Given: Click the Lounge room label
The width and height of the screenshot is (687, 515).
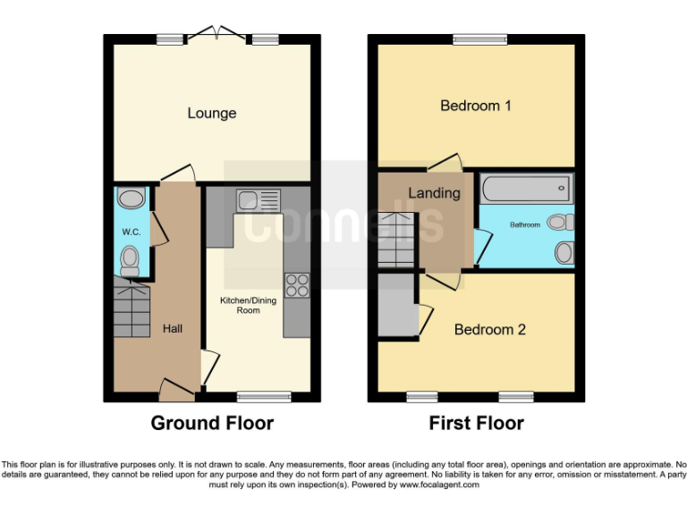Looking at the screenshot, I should (x=212, y=114).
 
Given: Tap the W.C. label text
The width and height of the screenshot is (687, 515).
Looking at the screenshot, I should (x=131, y=232).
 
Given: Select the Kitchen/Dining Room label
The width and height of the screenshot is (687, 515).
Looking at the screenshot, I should (x=248, y=306).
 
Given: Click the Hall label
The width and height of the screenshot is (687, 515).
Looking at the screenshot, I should (x=173, y=329).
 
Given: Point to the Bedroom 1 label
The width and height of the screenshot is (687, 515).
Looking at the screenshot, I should (x=476, y=106).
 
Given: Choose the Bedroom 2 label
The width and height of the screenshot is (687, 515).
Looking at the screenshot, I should (x=489, y=330).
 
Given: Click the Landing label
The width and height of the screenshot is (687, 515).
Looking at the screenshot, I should (x=434, y=193).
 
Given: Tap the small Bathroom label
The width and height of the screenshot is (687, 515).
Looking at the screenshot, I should (x=525, y=225).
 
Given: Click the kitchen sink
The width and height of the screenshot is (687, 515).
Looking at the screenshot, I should (x=258, y=199).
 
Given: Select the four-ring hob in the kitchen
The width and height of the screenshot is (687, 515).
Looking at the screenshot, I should (x=296, y=285).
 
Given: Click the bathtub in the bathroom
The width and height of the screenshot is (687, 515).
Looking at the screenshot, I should (x=525, y=189).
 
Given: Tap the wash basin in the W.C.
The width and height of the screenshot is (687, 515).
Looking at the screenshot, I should (x=131, y=198).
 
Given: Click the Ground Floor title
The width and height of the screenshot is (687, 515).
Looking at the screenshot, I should (x=212, y=423).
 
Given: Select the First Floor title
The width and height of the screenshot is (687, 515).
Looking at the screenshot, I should (x=476, y=423).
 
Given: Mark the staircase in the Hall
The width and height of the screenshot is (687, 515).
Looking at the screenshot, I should (x=131, y=308).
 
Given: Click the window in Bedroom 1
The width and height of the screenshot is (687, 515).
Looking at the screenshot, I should (x=476, y=39).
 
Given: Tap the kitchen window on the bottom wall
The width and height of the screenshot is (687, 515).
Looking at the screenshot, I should (x=264, y=396).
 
